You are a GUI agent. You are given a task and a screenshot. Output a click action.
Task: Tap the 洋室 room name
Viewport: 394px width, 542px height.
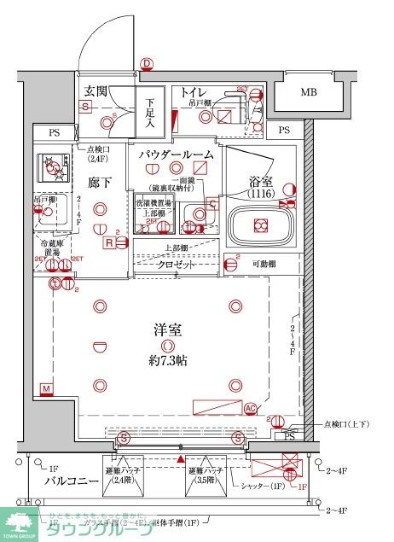168,330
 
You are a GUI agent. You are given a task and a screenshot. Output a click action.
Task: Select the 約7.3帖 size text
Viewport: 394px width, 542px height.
168,360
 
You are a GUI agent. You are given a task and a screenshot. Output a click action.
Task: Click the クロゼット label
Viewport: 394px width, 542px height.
177,265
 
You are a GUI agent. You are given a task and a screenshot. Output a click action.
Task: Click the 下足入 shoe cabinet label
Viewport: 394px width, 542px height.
149,111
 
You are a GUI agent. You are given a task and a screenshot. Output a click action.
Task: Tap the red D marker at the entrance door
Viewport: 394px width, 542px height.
146,63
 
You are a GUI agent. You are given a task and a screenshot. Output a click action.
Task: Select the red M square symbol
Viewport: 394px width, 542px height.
46,390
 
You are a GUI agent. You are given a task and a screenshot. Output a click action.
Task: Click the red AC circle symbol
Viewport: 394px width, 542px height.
251,408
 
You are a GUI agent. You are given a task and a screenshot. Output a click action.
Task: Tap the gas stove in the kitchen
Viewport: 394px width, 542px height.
55,167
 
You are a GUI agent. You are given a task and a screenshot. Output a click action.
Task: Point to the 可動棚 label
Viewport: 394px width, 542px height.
264,265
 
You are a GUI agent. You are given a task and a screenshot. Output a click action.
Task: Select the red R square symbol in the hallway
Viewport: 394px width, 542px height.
109,242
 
